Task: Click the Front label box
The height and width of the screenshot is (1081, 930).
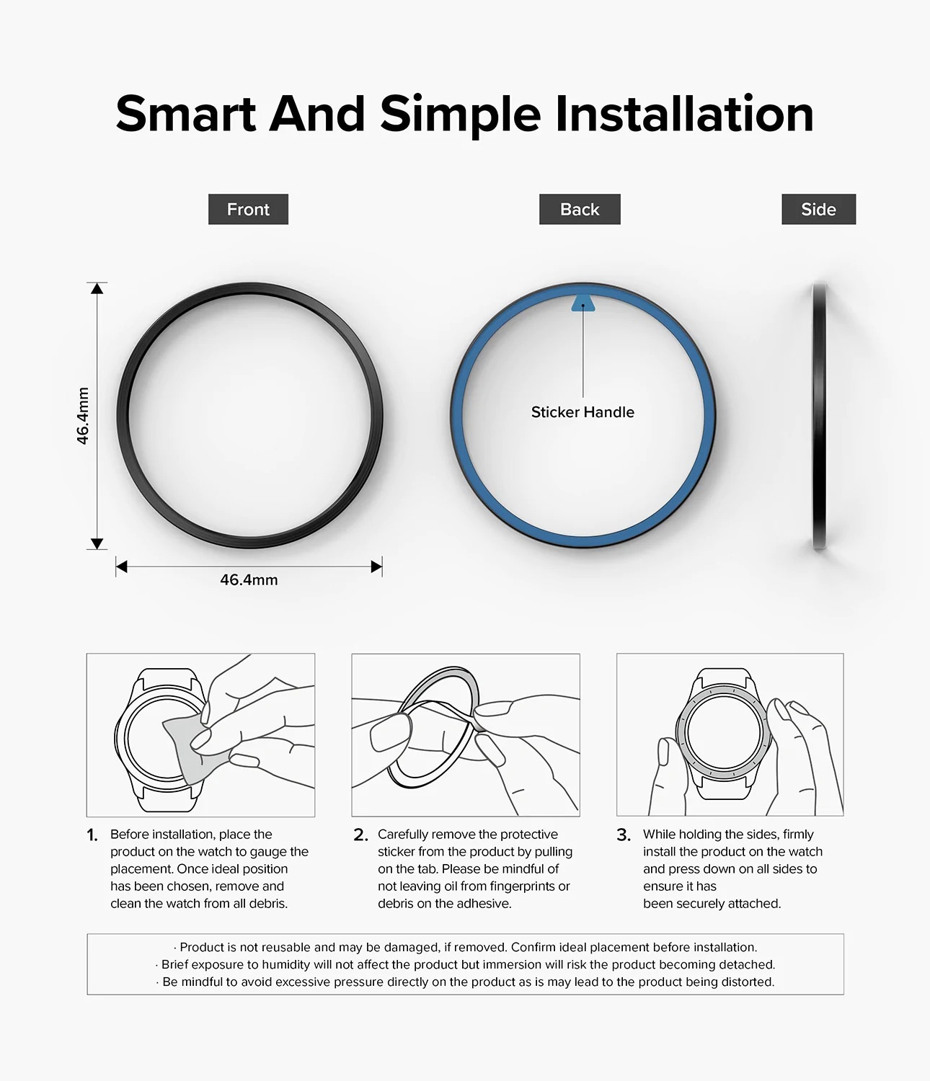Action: pos(248,209)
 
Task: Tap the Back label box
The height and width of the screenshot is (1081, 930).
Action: pos(580,209)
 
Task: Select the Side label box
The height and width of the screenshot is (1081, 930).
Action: pos(818,209)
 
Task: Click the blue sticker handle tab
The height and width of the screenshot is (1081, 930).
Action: pos(583,303)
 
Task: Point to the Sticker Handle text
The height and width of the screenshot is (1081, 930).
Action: pos(583,412)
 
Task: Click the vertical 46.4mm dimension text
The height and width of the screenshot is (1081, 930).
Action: pos(83,416)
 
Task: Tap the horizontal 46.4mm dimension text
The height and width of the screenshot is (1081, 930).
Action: pos(249,580)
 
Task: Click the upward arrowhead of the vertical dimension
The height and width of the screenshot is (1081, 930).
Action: pos(97,288)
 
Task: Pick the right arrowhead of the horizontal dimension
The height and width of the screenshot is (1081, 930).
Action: pos(376,566)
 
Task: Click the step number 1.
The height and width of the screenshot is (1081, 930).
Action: pos(92,835)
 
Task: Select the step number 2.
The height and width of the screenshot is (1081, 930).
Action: pos(360,835)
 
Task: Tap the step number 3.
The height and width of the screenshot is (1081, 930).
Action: pos(624,835)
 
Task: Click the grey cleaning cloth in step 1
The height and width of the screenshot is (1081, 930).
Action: pos(187,749)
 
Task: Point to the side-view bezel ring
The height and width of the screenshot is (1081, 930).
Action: pos(819,416)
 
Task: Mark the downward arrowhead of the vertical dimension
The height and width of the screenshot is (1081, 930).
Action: pos(97,543)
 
